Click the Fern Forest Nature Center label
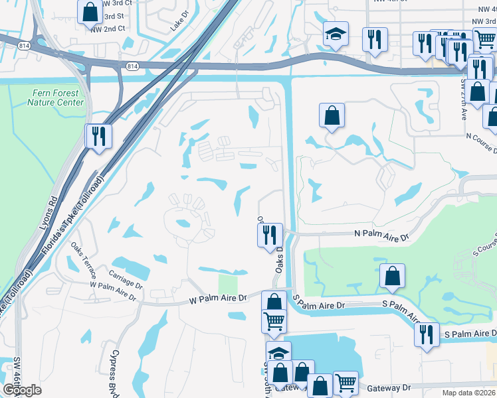(x=56, y=98)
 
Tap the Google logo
(x=22, y=390)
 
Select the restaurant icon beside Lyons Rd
(x=99, y=137)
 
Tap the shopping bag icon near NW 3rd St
(x=89, y=11)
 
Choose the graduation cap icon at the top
(x=336, y=34)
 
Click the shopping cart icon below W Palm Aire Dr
(x=274, y=322)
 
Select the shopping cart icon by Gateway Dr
(x=346, y=383)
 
